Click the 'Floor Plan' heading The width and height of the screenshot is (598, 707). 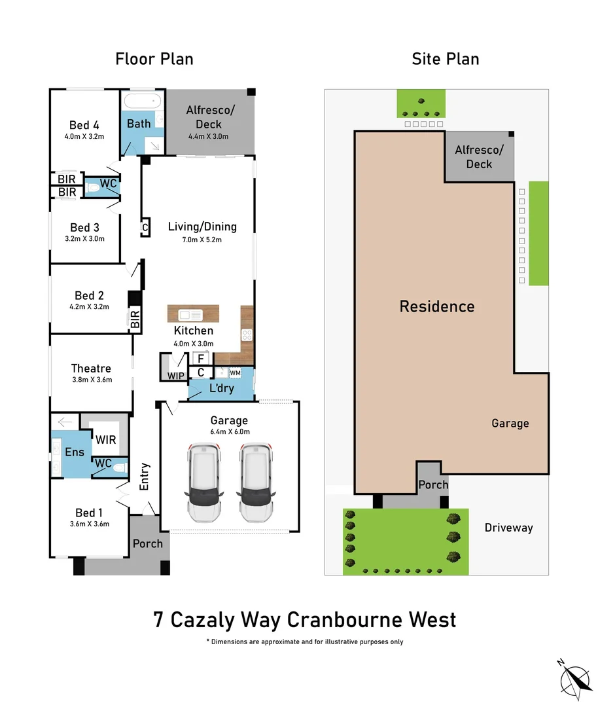[x=154, y=59]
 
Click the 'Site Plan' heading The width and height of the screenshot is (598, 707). [x=445, y=59]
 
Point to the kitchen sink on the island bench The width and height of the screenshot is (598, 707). [x=188, y=314]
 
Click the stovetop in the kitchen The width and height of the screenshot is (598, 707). [x=247, y=335]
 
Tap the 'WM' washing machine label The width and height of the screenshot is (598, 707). [x=235, y=372]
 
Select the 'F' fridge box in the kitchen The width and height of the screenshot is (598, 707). [x=201, y=359]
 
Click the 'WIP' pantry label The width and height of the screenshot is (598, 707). [x=175, y=376]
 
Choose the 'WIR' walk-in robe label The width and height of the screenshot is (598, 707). [x=105, y=439]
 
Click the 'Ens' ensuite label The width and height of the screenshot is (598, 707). [x=75, y=452]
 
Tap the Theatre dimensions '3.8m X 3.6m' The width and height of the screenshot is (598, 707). [x=92, y=380]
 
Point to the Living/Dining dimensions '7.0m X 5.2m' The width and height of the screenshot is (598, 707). [x=202, y=240]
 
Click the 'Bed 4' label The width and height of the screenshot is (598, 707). [x=84, y=125]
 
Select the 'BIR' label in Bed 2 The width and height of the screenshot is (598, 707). [x=135, y=320]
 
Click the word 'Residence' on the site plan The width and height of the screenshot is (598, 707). [x=437, y=306]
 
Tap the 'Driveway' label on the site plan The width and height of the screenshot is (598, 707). [x=509, y=528]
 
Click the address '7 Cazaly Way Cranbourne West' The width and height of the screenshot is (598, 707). [x=305, y=619]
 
